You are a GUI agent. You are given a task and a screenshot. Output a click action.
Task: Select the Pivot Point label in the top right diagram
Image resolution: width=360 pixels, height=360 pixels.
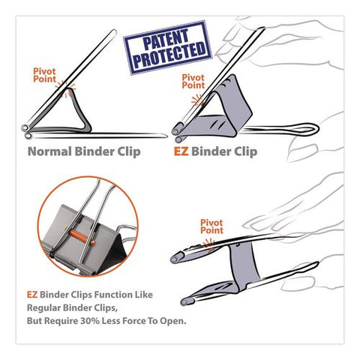point(193,80)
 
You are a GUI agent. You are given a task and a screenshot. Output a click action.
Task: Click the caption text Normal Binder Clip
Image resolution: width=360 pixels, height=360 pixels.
point(85,151)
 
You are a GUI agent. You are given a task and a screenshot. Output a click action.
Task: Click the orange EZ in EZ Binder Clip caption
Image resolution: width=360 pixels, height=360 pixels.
point(181,151)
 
